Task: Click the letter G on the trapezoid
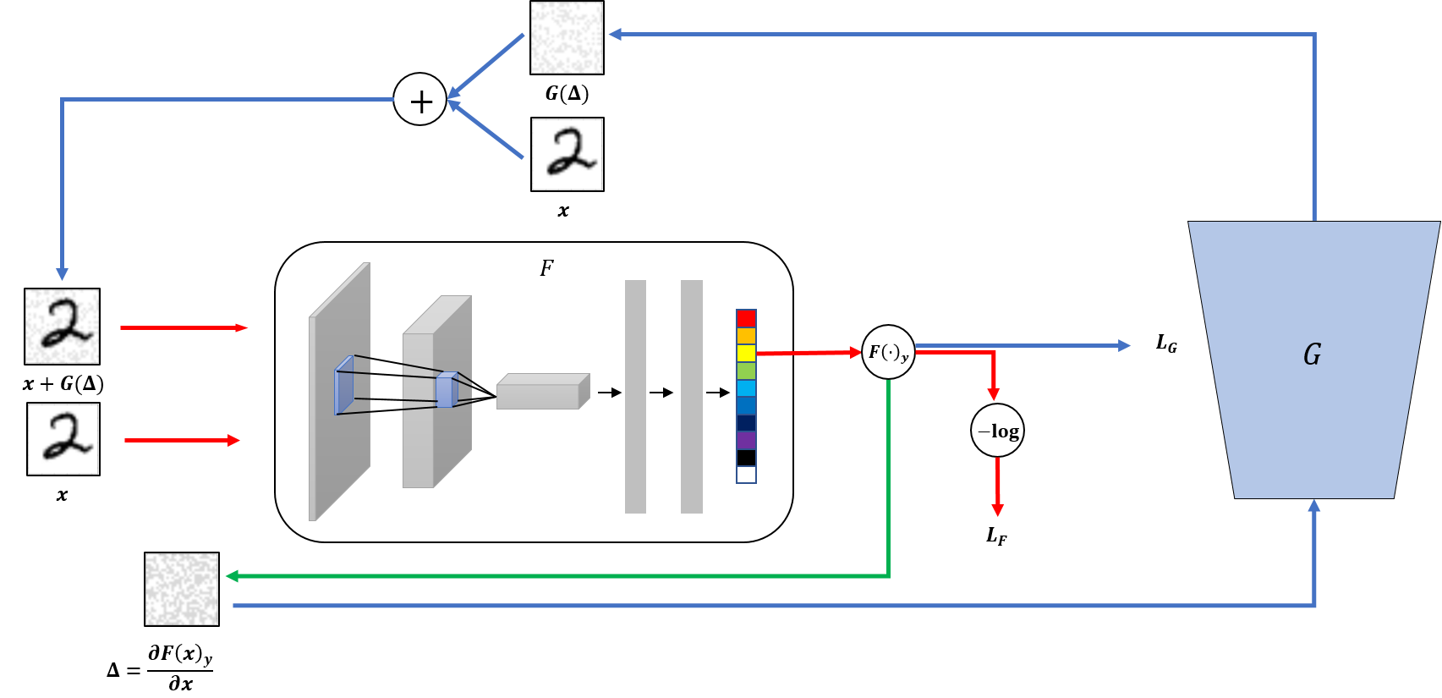[1312, 354]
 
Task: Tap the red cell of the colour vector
[746, 318]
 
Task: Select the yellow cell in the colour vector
[746, 353]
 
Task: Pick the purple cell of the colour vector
[746, 440]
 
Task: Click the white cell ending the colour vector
[746, 475]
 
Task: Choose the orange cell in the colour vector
[746, 336]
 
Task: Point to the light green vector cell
[746, 371]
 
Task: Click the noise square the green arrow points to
[182, 589]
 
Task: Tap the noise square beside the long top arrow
[567, 37]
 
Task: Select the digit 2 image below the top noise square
[567, 154]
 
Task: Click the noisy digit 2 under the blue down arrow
[62, 327]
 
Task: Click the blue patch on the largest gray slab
[344, 386]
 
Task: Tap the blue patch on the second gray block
[446, 390]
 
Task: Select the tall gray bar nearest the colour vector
[691, 396]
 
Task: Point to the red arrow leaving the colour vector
[808, 353]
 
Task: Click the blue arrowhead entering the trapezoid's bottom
[1314, 506]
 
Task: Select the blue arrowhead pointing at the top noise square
[616, 34]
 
